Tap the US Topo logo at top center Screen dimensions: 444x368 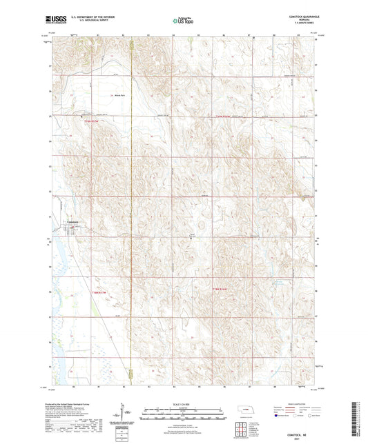click(x=184, y=21)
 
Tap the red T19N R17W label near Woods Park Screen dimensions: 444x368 click(x=93, y=122)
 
